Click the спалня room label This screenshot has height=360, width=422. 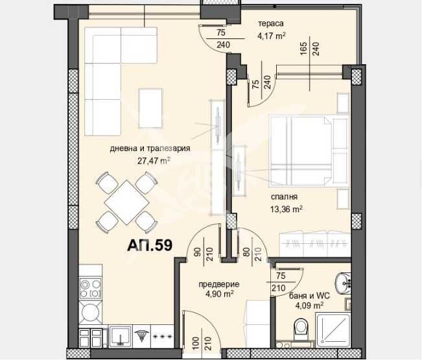point(285,197)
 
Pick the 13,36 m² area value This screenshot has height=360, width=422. point(286,209)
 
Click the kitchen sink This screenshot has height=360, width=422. point(119,335)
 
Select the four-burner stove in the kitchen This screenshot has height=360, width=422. point(90,287)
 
